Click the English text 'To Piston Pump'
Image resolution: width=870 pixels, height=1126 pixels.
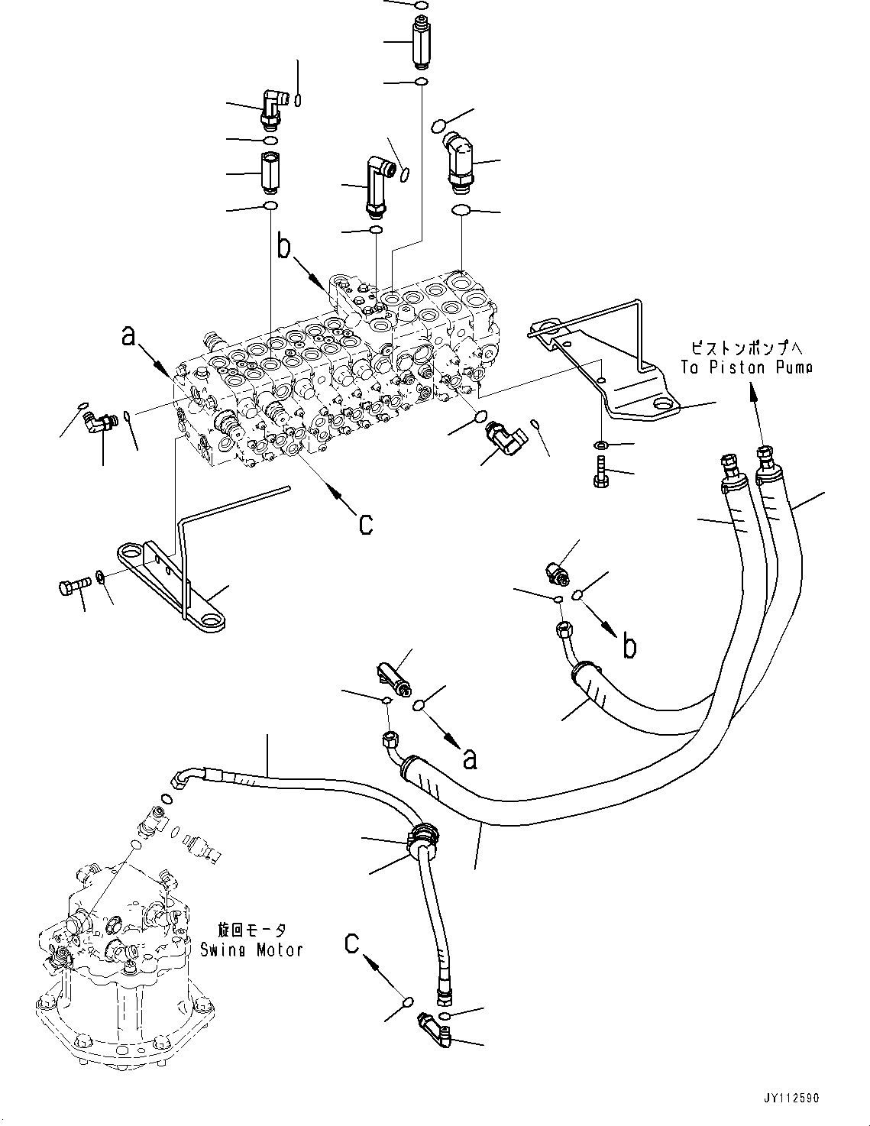tap(746, 367)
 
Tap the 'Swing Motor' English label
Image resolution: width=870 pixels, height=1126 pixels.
tap(251, 950)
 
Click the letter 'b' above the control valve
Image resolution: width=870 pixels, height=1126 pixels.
tap(283, 247)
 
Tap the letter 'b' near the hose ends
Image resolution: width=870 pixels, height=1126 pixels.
tap(629, 646)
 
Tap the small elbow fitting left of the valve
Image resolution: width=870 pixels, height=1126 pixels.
tap(96, 420)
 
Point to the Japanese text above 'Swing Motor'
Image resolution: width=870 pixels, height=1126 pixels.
tap(251, 930)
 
